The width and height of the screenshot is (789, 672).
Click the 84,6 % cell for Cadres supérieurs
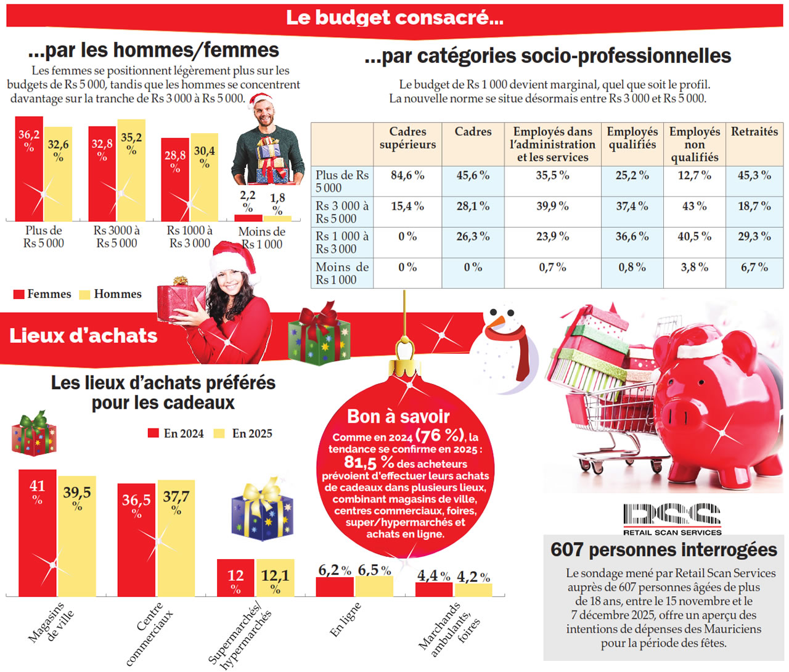click(407, 176)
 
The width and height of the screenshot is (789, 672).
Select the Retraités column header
click(754, 132)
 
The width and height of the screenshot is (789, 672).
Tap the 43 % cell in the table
click(694, 207)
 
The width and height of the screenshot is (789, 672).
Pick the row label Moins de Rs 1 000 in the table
click(341, 273)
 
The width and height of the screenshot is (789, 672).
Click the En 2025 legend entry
click(243, 433)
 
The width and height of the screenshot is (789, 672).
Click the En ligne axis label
click(345, 620)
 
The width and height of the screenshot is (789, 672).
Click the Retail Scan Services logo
click(672, 518)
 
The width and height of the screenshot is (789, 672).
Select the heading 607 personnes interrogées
click(663, 549)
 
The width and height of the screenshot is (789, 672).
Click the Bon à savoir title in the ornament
click(398, 417)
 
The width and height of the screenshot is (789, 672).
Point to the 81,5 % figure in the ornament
click(369, 462)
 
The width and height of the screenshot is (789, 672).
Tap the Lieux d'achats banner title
click(83, 335)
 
